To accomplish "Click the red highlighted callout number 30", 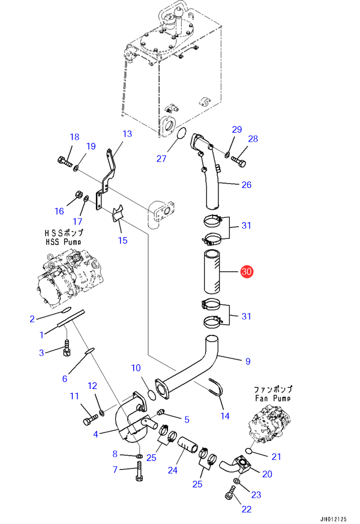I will point(247,272).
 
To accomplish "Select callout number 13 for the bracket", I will point(127,134).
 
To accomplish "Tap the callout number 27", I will point(161,158).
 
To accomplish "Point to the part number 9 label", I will point(247,361).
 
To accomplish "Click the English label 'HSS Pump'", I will point(64,242).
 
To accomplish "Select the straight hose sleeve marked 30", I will point(211,273).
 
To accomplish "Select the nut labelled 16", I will point(78,194).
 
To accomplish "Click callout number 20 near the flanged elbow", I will point(267,474).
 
